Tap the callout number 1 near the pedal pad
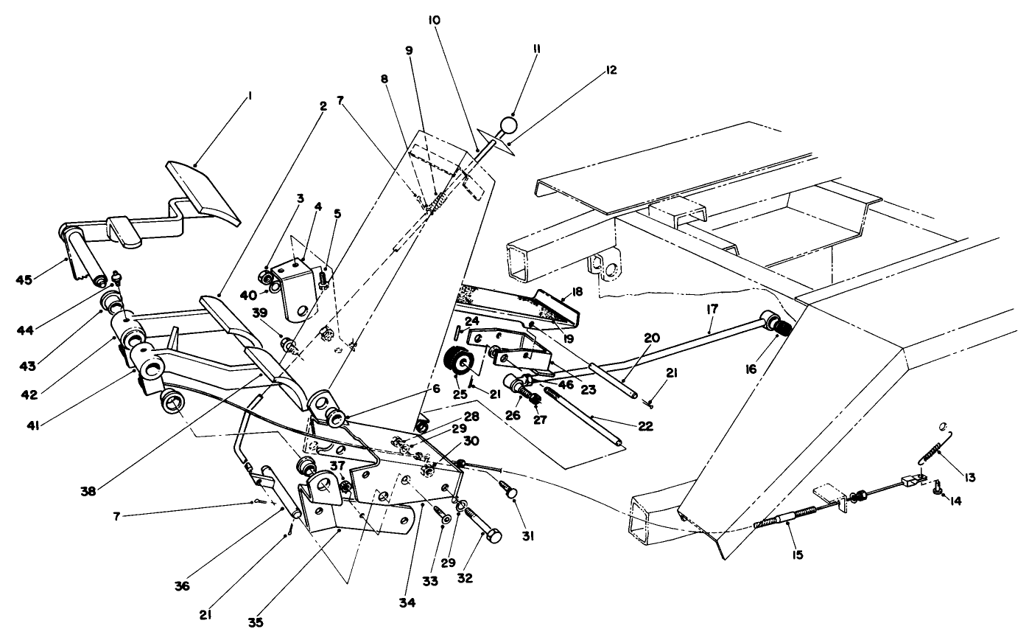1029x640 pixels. [250, 95]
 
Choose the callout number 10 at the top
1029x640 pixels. [433, 21]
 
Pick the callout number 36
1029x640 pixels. [182, 586]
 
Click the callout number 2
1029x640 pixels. [323, 105]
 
